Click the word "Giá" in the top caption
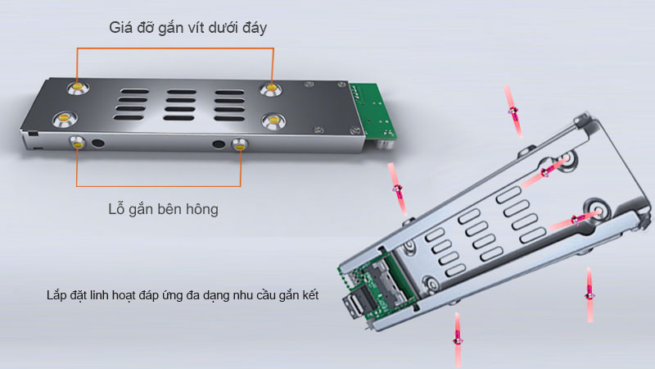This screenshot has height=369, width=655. pyautogui.click(x=121, y=28)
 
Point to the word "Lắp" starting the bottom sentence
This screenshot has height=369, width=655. pyautogui.click(x=58, y=295)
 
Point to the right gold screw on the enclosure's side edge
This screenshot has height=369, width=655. pyautogui.click(x=239, y=145)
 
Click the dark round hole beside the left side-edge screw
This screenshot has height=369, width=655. pyautogui.click(x=99, y=143)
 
